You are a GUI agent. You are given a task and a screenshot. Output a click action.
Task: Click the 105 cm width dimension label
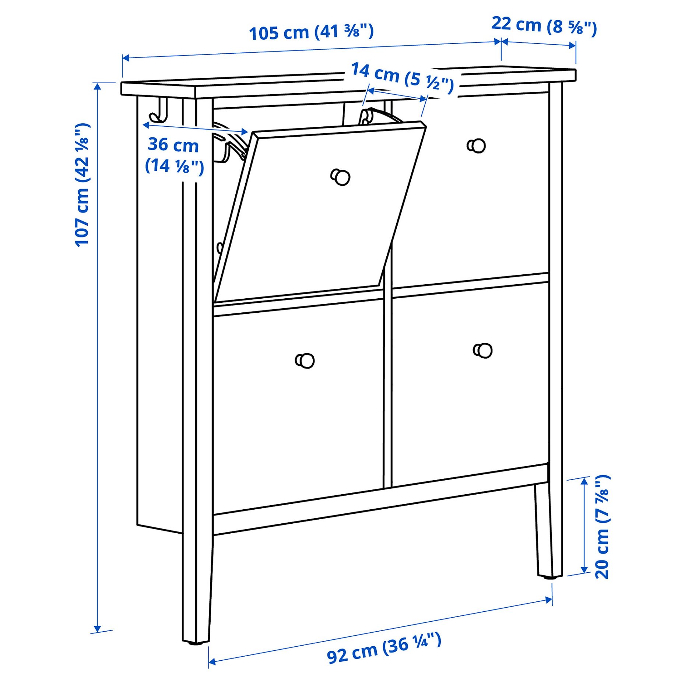coord(311,32)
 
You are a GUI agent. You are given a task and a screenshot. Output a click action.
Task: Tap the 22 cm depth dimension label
coord(544,26)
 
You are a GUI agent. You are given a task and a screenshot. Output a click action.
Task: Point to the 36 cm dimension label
coord(174,155)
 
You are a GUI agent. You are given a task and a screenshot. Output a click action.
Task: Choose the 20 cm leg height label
coord(603,527)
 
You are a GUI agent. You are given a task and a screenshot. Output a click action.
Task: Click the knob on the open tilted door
coord(341,177)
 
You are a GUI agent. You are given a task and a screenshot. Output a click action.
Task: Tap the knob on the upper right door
coord(477,146)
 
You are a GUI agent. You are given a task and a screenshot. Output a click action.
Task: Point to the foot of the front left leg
coord(196,643)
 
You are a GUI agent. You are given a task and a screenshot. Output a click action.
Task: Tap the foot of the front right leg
coord(545,576)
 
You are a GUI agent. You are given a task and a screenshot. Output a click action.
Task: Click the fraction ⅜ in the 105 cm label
coord(352,31)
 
